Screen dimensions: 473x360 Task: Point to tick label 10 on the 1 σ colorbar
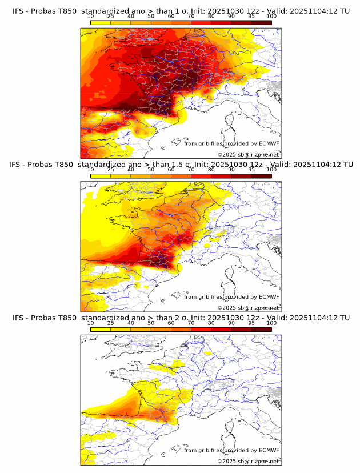point(91,17)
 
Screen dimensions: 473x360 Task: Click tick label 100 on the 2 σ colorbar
point(271,323)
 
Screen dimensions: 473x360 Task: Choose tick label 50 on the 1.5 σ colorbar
point(151,170)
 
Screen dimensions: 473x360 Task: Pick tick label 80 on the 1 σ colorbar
point(211,17)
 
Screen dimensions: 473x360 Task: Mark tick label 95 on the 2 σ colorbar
point(251,323)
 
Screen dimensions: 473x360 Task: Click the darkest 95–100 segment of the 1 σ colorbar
point(261,23)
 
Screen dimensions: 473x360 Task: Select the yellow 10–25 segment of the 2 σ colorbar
point(101,330)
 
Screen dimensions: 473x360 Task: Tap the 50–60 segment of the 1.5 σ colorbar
point(161,176)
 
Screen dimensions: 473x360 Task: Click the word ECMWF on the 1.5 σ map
point(269,296)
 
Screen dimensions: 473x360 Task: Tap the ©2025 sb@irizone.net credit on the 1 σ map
point(248,154)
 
